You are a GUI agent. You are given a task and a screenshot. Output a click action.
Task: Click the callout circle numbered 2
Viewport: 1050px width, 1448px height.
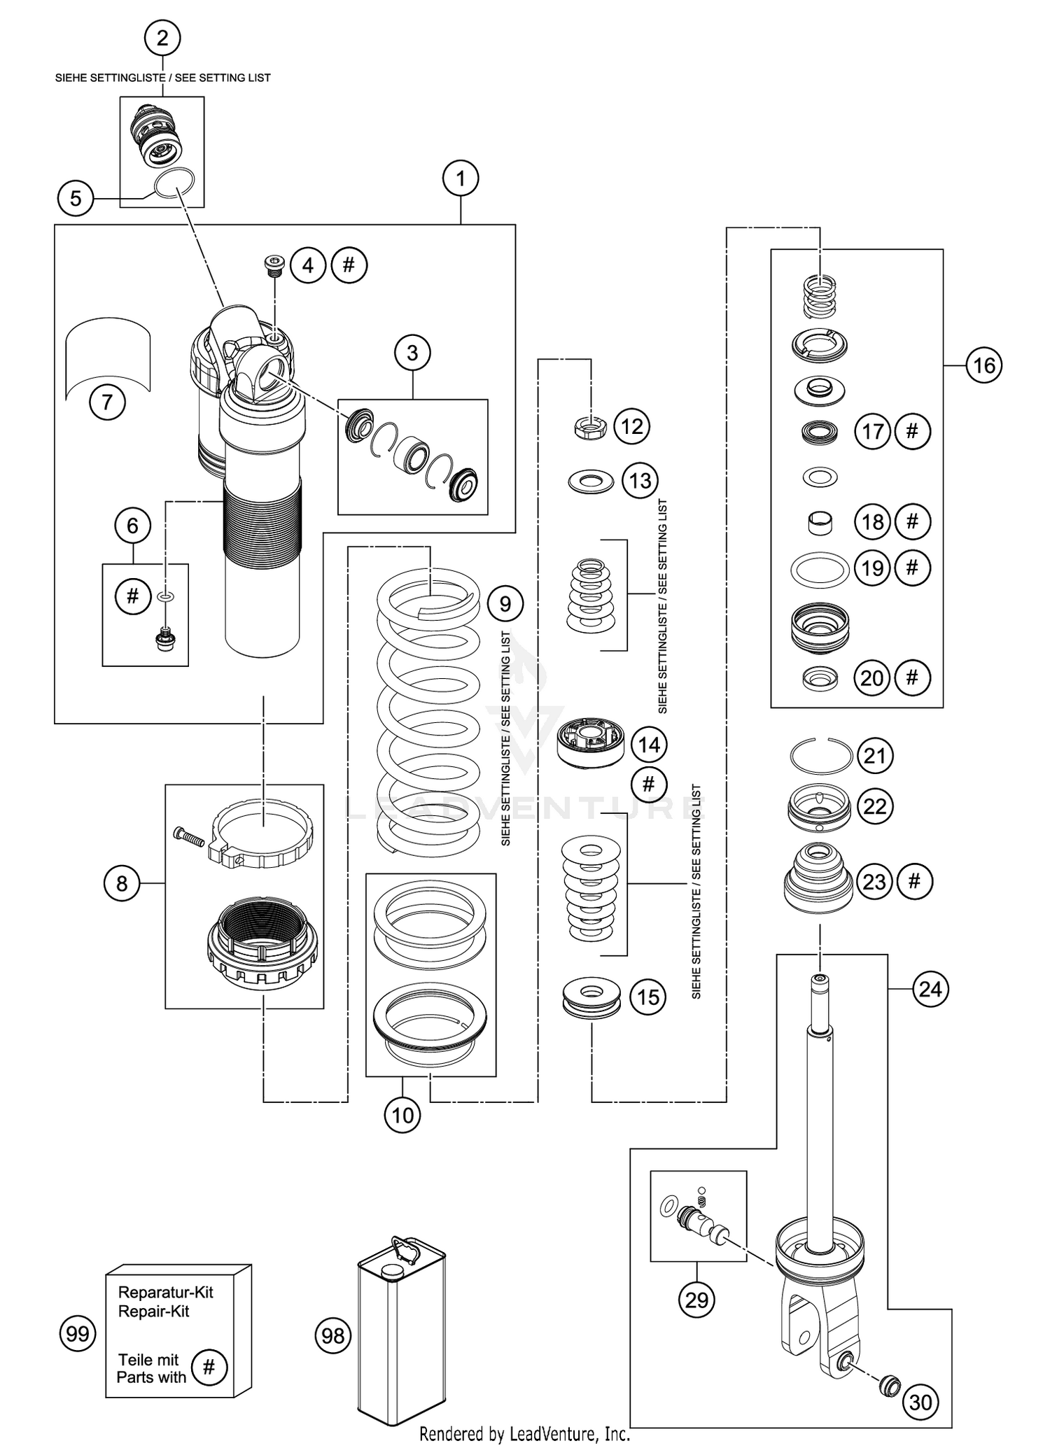[162, 38]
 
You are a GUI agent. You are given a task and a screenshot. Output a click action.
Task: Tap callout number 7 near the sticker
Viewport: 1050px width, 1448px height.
[107, 402]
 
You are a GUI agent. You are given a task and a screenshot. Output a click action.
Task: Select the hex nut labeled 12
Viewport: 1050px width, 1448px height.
[590, 426]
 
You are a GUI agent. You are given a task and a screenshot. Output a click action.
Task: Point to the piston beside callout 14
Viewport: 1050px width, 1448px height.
[590, 743]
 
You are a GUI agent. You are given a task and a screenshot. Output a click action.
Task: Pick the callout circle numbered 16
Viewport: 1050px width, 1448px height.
[983, 365]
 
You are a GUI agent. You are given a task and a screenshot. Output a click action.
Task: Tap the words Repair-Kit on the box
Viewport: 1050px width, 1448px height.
[153, 1312]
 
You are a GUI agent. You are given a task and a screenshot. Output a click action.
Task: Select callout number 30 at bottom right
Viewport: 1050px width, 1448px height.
[920, 1402]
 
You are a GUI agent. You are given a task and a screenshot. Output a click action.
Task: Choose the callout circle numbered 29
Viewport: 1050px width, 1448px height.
[696, 1300]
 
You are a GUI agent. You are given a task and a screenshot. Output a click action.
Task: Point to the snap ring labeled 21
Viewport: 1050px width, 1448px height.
[820, 756]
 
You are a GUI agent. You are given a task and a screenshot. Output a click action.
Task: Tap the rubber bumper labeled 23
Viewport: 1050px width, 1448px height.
[818, 882]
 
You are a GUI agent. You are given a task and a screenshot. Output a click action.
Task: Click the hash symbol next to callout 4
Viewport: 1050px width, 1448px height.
[349, 265]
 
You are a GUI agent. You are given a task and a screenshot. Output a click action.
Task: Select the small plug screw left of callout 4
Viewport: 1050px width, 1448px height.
[272, 263]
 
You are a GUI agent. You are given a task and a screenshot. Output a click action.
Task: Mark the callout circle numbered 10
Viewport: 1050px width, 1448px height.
[402, 1115]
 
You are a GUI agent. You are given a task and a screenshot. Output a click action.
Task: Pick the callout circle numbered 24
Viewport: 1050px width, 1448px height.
[930, 989]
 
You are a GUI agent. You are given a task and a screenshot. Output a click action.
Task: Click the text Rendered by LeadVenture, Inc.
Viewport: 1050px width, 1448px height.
[524, 1434]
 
